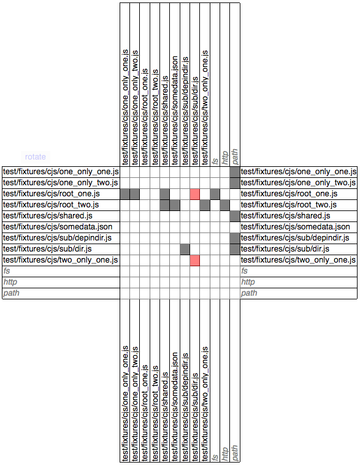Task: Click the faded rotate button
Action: (x=36, y=156)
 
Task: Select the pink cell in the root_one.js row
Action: (x=195, y=194)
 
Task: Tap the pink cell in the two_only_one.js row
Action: (x=195, y=260)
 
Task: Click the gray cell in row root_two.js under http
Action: (x=225, y=206)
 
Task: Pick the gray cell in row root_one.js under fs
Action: (x=215, y=194)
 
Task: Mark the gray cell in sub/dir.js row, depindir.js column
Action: (x=185, y=250)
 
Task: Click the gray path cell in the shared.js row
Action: (x=234, y=216)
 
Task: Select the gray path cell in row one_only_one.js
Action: (x=234, y=172)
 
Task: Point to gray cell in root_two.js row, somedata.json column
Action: (x=175, y=206)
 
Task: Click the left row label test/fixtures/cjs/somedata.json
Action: (x=58, y=227)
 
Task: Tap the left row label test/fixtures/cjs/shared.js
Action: (x=48, y=216)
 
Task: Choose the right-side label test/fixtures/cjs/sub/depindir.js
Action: (x=295, y=238)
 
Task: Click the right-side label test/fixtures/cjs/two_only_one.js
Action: (x=298, y=260)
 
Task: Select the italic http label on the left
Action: (x=10, y=282)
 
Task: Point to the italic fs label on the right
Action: (x=244, y=271)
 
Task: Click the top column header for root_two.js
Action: (x=155, y=117)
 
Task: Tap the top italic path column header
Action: (x=234, y=156)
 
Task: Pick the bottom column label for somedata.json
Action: (x=175, y=407)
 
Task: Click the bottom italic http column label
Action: (x=225, y=454)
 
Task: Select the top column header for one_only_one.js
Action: (x=125, y=107)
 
